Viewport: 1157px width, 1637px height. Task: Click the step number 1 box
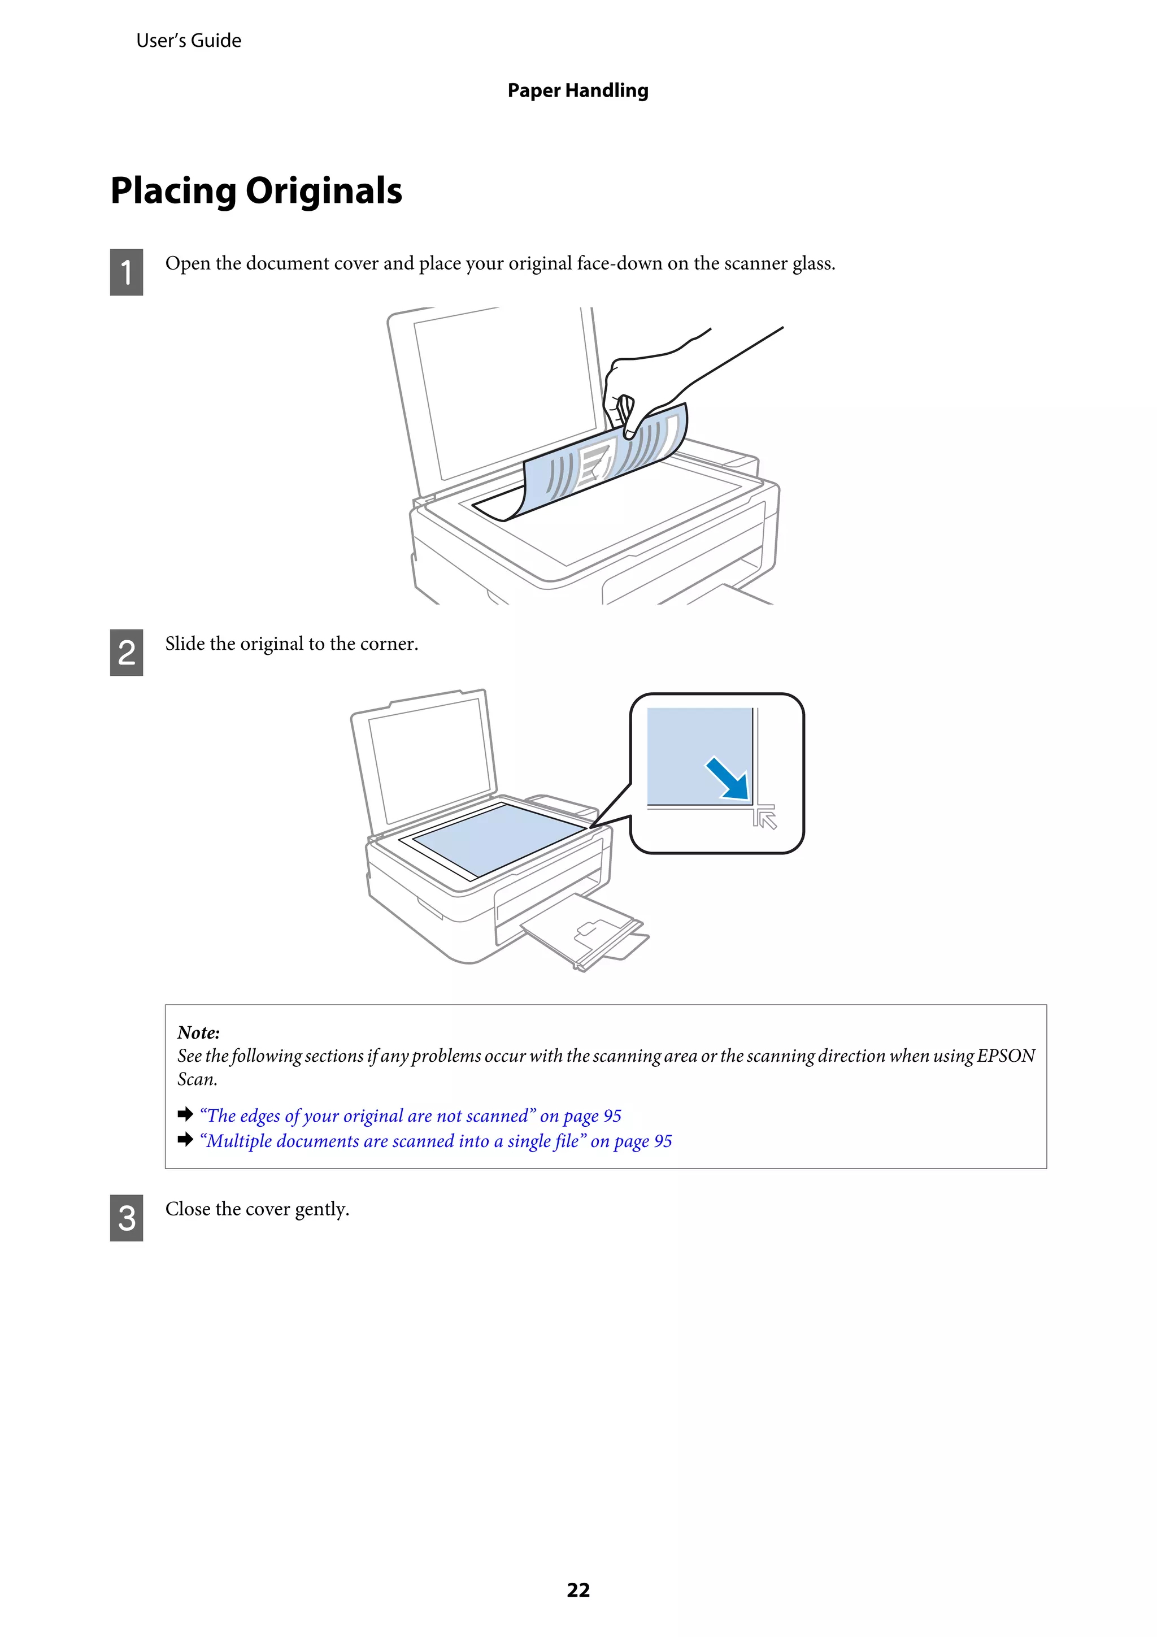pyautogui.click(x=126, y=272)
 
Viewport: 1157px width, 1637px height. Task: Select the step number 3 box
pyautogui.click(x=126, y=1217)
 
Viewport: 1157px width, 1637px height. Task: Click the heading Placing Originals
pyautogui.click(x=256, y=191)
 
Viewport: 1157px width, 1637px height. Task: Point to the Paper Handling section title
pyautogui.click(x=577, y=90)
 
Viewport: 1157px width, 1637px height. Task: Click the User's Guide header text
pyautogui.click(x=188, y=41)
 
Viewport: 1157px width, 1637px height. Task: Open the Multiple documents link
pyautogui.click(x=435, y=1141)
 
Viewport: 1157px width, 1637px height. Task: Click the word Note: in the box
pyautogui.click(x=198, y=1032)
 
